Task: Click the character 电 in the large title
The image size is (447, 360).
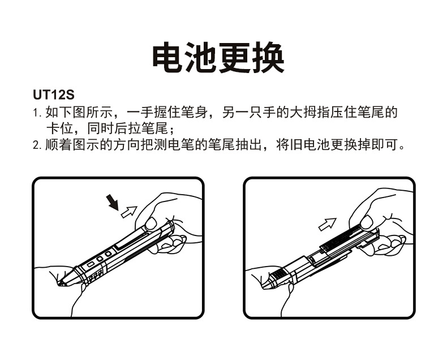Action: (x=169, y=57)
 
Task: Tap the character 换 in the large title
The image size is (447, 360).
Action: (x=268, y=57)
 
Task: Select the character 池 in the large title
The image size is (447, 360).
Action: (x=202, y=57)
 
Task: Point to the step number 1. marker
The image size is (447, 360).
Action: (x=37, y=113)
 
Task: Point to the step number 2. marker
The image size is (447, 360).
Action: (x=37, y=145)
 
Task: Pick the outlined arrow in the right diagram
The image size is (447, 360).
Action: (x=327, y=224)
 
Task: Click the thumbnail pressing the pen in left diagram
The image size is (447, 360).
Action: (x=149, y=221)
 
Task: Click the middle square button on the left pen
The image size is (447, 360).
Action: (x=100, y=260)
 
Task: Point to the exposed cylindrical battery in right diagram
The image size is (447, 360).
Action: (x=339, y=243)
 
